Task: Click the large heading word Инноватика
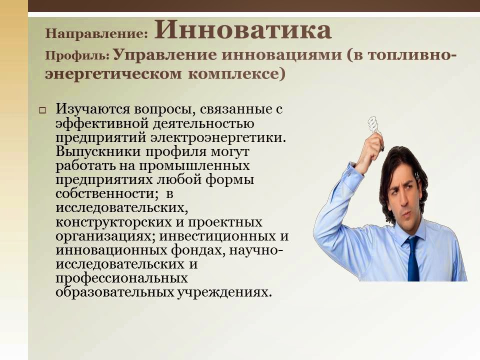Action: pos(243,31)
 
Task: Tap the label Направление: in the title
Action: pos(96,34)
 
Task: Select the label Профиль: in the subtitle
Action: pos(77,55)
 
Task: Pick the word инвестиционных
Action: pos(218,235)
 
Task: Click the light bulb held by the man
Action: pos(373,125)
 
